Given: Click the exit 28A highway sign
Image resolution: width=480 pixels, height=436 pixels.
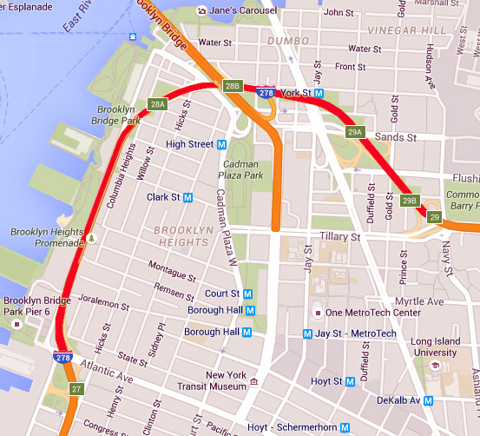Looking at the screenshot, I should (x=157, y=104).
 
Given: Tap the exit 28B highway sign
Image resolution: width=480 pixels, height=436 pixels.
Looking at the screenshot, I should (x=233, y=85).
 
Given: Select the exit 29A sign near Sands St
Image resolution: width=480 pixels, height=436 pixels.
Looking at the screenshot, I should (x=354, y=132).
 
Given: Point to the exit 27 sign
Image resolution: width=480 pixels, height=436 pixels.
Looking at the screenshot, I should (x=76, y=388).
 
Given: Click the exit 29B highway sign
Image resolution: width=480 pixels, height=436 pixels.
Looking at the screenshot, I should (x=411, y=201).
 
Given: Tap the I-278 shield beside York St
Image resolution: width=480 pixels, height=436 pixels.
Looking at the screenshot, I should (x=266, y=92).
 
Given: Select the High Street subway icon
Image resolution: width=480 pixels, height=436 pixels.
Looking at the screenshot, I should (x=221, y=144).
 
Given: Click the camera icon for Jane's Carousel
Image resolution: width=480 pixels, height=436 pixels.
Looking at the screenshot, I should (x=202, y=10).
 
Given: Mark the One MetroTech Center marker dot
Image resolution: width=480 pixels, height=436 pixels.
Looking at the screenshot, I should (x=318, y=313).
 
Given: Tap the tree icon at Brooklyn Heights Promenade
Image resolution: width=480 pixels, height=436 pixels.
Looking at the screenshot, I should (x=89, y=236).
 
